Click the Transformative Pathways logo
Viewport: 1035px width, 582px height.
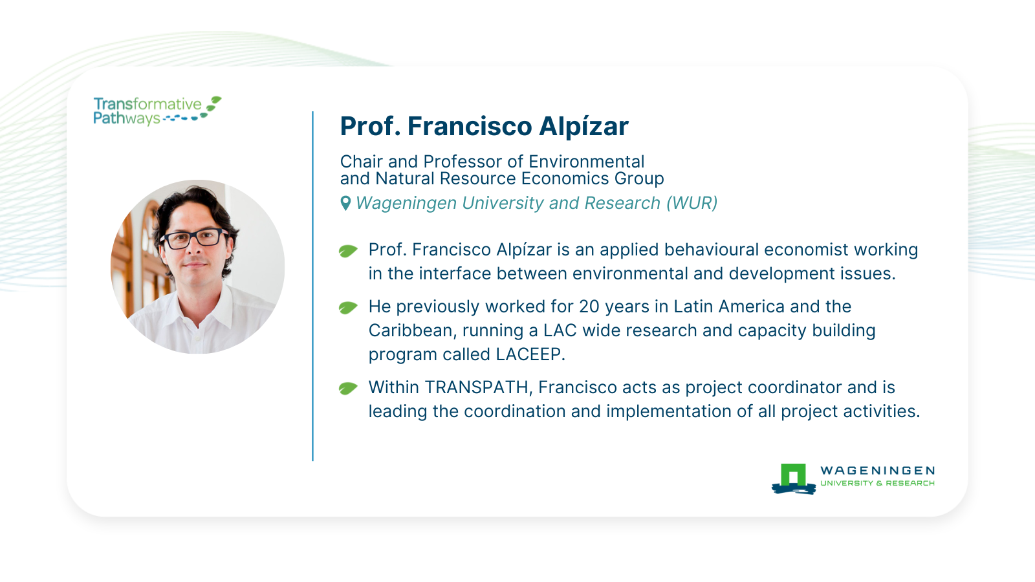tap(157, 111)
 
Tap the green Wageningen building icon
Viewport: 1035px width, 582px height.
tap(793, 479)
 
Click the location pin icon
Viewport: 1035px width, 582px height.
tap(345, 203)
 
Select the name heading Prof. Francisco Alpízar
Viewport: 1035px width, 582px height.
tap(485, 126)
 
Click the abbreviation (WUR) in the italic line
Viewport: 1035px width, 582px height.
tap(692, 203)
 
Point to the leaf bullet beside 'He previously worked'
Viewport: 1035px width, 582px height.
tap(348, 308)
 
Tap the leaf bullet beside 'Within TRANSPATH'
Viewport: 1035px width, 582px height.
tap(348, 389)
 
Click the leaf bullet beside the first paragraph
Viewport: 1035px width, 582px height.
tap(348, 251)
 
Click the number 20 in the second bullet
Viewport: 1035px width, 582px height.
tap(589, 307)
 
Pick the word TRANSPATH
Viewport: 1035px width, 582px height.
tap(476, 387)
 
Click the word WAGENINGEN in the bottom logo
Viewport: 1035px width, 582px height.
tap(877, 471)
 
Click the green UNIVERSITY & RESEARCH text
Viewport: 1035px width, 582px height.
tap(877, 483)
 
